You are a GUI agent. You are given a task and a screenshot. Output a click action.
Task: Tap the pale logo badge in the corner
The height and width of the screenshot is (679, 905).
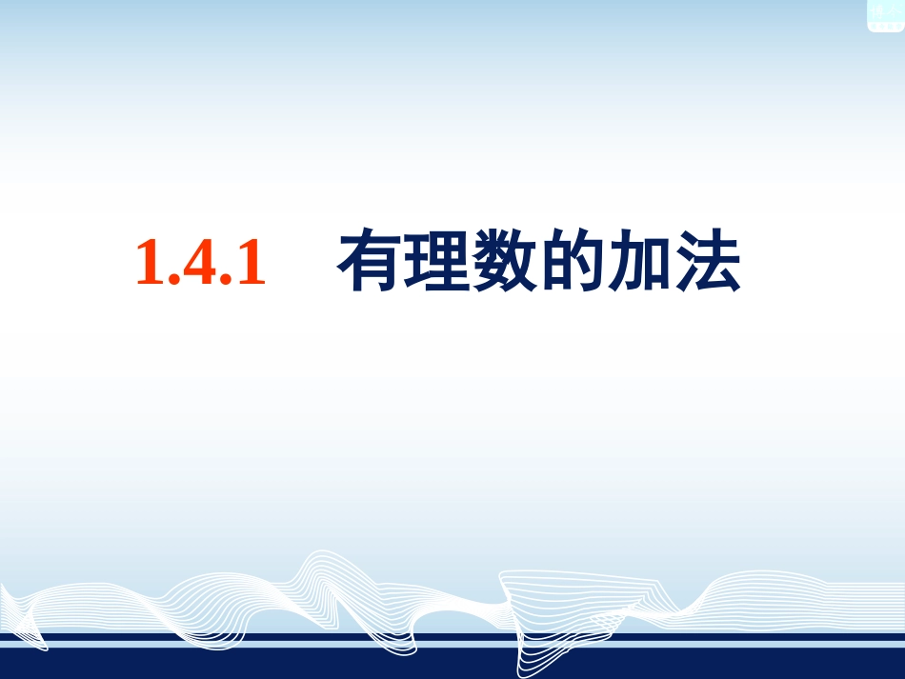pos(885,15)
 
